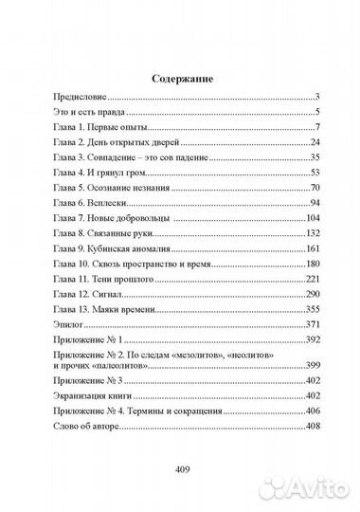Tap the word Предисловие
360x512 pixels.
[x=80, y=96]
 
